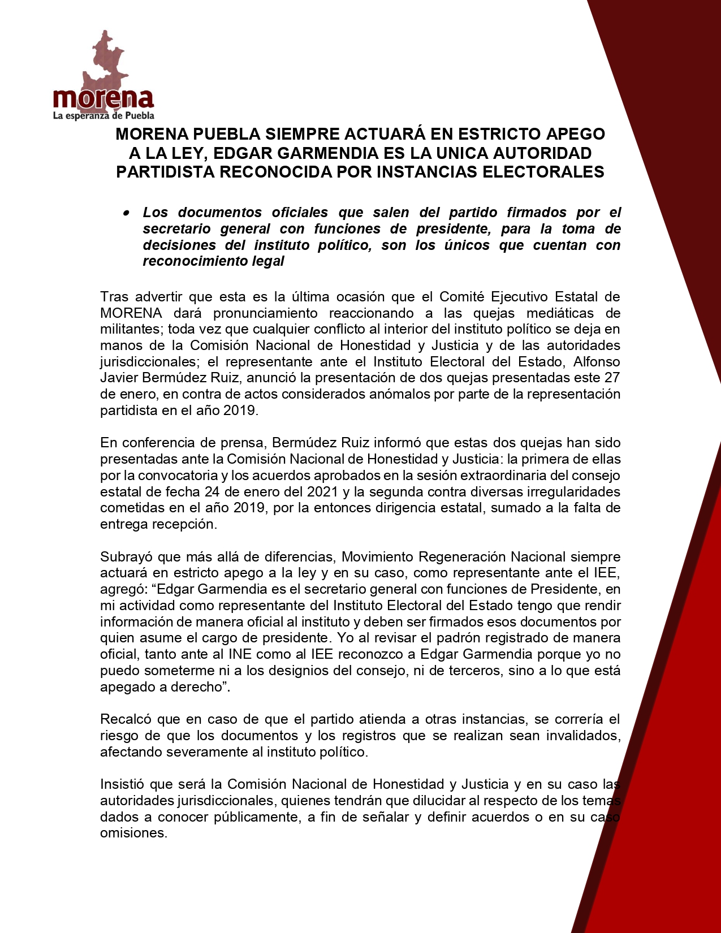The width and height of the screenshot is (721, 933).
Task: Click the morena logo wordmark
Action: pos(103,99)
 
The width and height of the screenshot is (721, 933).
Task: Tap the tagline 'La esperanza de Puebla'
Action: pos(103,116)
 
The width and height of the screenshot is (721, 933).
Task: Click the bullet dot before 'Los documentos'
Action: pos(126,213)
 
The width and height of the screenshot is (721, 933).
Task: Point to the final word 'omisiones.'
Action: pos(134,833)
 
